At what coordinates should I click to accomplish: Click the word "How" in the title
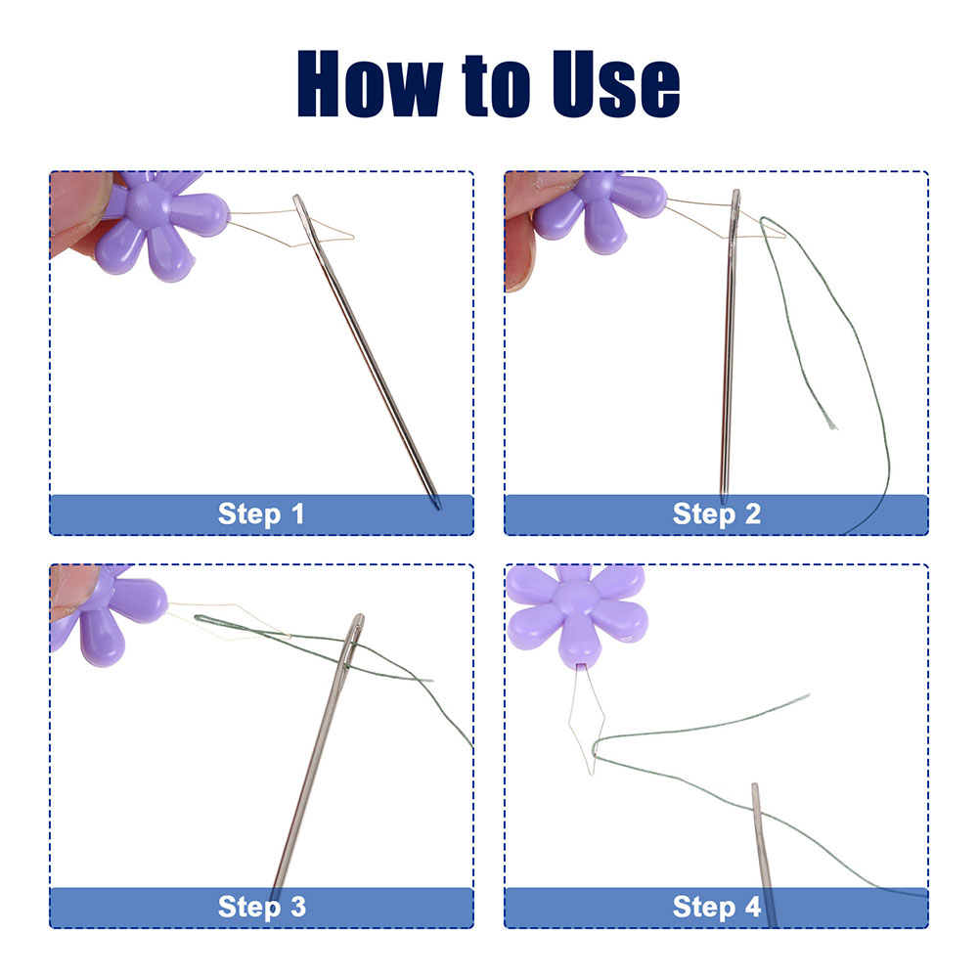click(x=371, y=83)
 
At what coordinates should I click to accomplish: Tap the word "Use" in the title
click(x=615, y=84)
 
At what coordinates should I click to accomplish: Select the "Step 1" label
click(x=261, y=514)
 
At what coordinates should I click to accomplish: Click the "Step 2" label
click(x=717, y=514)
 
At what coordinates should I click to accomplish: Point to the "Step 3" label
click(x=262, y=907)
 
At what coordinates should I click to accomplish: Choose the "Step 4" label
click(x=717, y=907)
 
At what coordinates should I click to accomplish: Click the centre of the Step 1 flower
click(x=148, y=204)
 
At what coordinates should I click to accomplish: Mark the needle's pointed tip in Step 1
click(x=438, y=508)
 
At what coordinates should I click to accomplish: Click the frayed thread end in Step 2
click(x=831, y=425)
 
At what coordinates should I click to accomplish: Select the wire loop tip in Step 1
click(x=351, y=237)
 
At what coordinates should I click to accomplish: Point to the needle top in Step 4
click(x=755, y=787)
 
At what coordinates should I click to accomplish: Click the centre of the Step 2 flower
click(x=596, y=187)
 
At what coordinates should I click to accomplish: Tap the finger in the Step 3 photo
click(x=72, y=593)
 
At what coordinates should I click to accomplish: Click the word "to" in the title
click(x=497, y=86)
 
